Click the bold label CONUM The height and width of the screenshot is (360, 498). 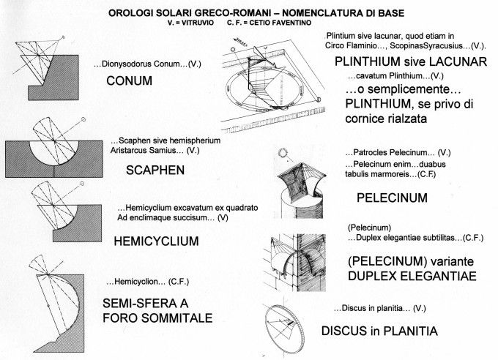tap(129, 81)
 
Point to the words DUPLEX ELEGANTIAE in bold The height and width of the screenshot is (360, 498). tap(401, 276)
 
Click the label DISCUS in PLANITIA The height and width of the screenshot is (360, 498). tap(379, 331)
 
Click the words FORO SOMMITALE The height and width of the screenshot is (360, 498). tap(157, 318)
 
